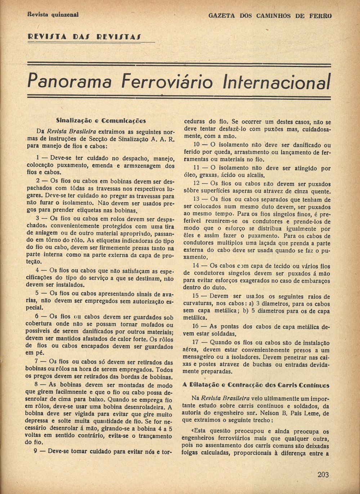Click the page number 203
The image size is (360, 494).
[x=323, y=475]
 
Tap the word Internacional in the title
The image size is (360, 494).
[x=276, y=82]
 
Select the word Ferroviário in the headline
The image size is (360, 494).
[x=167, y=81]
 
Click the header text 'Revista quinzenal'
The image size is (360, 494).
[x=53, y=15]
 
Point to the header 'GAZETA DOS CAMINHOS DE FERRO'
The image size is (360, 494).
[x=270, y=15]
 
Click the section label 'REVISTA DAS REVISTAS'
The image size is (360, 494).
[x=84, y=37]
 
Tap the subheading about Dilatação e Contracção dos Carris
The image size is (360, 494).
[x=256, y=385]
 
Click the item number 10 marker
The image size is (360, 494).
[x=196, y=145]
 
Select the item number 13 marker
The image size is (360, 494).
[x=196, y=199]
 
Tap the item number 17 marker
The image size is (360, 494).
[x=196, y=343]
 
